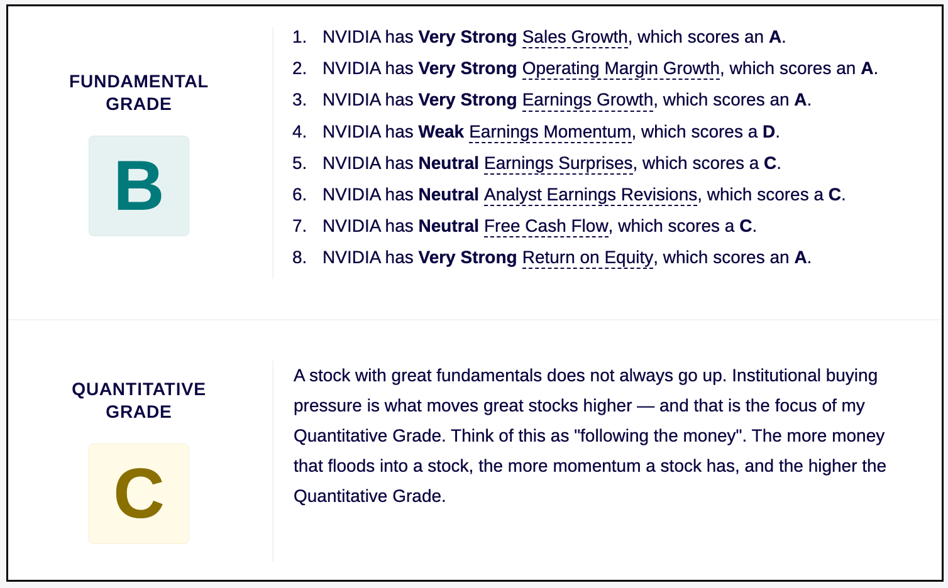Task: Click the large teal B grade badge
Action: click(139, 186)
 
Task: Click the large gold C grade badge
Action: click(139, 494)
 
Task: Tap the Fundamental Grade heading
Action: click(139, 92)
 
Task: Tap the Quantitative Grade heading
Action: click(139, 400)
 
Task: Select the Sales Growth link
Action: click(575, 37)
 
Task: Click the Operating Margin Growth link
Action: click(621, 68)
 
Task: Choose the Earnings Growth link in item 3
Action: click(587, 101)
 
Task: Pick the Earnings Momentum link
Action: click(550, 132)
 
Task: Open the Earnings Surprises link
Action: click(558, 163)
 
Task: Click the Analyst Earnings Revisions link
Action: click(590, 195)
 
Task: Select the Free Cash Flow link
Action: click(546, 226)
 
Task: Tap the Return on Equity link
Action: click(587, 258)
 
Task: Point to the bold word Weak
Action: click(441, 132)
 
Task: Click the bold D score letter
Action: click(769, 132)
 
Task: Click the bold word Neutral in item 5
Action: click(448, 163)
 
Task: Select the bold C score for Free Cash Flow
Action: click(746, 226)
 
